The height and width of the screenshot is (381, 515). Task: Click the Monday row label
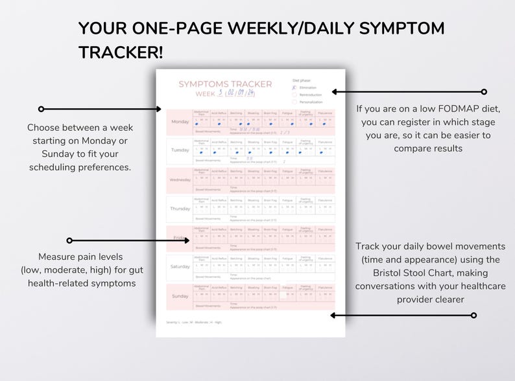(180, 121)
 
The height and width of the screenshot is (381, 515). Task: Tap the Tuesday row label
(180, 150)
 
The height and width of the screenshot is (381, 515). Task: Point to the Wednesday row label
(180, 179)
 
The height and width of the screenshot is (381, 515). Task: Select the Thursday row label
(180, 209)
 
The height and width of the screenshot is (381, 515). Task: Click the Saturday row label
(180, 266)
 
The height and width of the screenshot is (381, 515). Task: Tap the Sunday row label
(180, 295)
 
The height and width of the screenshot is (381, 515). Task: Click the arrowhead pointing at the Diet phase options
(333, 92)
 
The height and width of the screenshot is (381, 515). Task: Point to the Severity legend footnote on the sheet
(186, 322)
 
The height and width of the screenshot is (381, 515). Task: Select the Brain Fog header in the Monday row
(270, 112)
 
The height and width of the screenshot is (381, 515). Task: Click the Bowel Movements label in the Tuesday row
(208, 159)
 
